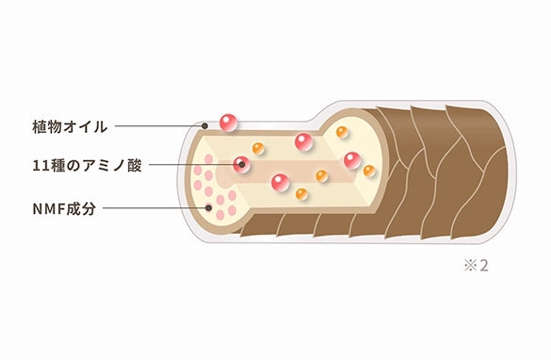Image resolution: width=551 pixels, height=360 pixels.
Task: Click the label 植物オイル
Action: coord(70,126)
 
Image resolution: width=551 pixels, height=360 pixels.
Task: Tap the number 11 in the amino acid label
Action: coord(39,166)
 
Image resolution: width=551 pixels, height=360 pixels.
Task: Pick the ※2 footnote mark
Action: coord(477,266)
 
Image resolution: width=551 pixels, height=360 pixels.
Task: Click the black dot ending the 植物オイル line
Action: coord(204,126)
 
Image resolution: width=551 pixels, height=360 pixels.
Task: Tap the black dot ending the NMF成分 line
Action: coord(208,207)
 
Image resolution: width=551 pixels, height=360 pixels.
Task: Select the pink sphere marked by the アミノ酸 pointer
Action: coord(242,165)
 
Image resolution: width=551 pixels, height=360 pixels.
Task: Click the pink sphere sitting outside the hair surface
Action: coord(229,123)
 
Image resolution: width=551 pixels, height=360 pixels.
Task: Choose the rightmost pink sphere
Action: coord(352,160)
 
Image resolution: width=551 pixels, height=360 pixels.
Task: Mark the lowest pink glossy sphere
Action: coord(281,183)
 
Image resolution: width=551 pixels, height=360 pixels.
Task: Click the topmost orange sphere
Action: coord(342,132)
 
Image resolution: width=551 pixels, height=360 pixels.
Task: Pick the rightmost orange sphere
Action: coord(369,171)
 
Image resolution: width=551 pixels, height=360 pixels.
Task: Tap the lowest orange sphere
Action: coord(301,194)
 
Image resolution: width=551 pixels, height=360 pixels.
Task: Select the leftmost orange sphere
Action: coord(258,148)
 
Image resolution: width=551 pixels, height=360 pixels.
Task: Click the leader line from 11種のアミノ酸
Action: coord(194,165)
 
